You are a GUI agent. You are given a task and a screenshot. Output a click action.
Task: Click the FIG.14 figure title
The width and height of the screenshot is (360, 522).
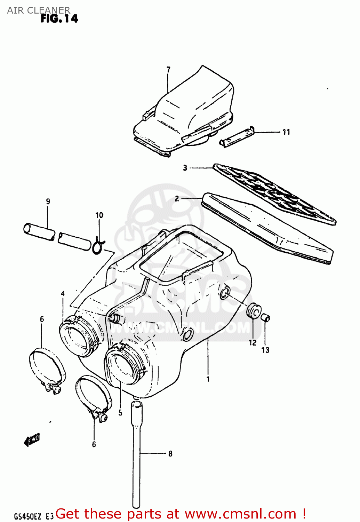point(59,18)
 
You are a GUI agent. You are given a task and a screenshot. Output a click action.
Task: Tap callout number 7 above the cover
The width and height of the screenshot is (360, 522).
point(168,70)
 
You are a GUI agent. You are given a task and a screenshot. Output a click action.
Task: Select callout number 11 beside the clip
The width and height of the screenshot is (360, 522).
point(286,132)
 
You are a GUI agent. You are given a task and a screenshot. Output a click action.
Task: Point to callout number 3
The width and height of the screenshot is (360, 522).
point(185,168)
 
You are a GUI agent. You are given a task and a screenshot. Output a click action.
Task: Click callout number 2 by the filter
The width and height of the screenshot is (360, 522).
point(177,199)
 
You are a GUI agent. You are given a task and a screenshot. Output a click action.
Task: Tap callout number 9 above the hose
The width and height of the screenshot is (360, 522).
point(48,201)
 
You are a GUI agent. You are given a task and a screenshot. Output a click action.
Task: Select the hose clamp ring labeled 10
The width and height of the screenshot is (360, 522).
point(98,245)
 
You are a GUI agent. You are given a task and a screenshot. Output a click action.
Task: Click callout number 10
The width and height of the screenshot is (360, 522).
point(99,215)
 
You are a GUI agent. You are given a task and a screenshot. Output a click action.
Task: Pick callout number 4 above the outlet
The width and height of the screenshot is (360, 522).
point(63,294)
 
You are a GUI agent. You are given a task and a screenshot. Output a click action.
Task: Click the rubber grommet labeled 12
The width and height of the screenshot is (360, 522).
point(254,310)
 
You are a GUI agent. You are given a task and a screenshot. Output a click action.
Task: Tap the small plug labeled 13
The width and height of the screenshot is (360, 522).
point(266,317)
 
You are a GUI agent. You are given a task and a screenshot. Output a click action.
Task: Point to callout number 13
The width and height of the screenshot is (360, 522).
point(265,350)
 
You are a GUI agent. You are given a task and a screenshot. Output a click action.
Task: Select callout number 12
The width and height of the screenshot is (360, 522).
point(253,343)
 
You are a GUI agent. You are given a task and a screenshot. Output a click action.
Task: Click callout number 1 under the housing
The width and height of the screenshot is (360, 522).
point(208,379)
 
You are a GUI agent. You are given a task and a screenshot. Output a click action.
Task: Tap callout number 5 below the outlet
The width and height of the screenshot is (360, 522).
point(120,413)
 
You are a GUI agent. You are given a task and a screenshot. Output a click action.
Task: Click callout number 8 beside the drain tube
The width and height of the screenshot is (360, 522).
point(170,453)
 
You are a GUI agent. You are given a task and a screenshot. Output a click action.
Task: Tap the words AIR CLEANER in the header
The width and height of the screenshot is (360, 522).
point(39,10)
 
